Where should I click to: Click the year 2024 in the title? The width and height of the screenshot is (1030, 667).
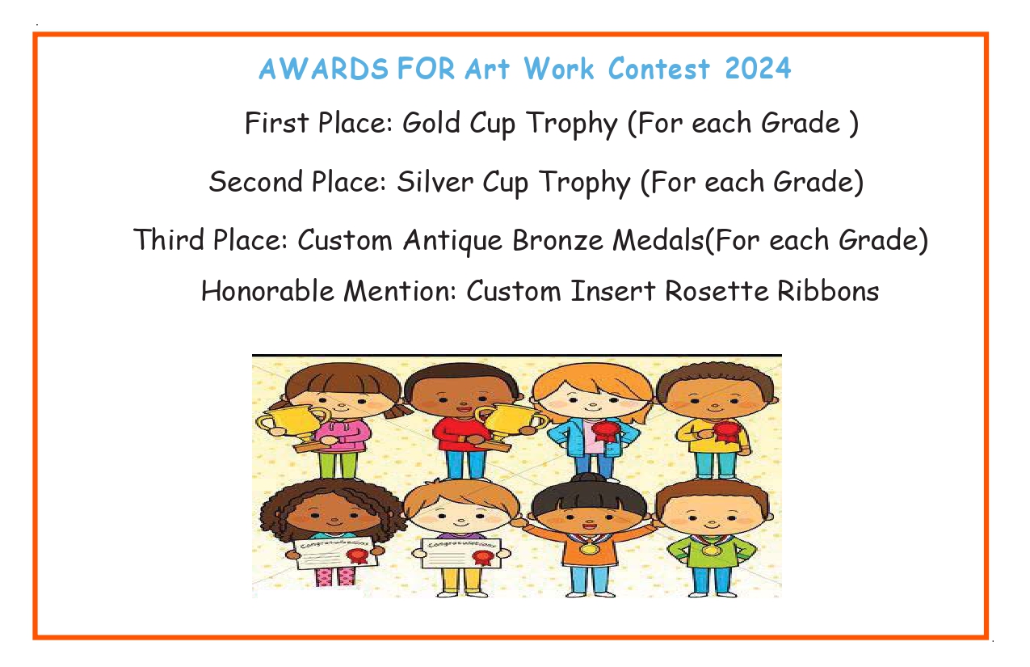pos(758,68)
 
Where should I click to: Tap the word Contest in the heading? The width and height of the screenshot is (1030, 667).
pos(658,68)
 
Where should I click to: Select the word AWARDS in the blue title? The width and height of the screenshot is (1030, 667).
pos(324,69)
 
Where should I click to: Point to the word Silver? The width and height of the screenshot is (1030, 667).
pos(435,181)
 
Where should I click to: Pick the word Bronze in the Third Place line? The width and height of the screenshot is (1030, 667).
pos(557,240)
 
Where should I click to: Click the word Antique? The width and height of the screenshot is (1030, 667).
pos(453,241)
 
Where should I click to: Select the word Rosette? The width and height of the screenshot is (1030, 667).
pos(717,291)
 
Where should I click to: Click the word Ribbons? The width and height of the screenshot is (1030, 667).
pos(828,291)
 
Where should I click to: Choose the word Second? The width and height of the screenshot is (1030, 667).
pos(255,181)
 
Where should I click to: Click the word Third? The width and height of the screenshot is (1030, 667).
pos(169,239)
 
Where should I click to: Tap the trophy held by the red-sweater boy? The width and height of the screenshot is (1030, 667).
pos(511,426)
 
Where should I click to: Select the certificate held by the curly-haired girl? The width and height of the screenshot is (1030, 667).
pos(337,553)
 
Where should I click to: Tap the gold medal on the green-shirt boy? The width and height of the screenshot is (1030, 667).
pos(710,549)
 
